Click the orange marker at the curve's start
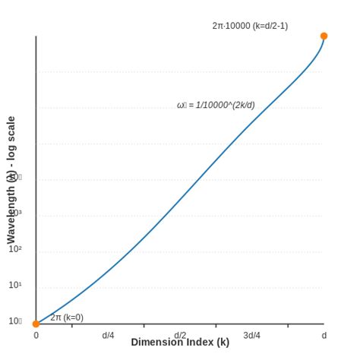(36, 324)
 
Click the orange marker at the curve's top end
(324, 36)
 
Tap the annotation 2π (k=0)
(67, 317)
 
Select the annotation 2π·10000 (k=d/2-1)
(250, 26)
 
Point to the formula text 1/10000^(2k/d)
(225, 106)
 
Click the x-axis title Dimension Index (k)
(180, 343)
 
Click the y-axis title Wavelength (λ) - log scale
(11, 180)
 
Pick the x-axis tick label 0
(36, 336)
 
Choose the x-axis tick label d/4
(108, 336)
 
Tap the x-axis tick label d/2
(180, 335)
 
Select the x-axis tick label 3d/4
(251, 336)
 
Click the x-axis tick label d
(324, 336)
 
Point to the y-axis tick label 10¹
(15, 286)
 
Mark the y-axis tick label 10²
(15, 249)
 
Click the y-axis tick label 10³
(15, 213)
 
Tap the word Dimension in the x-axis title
(156, 343)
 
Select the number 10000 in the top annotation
(237, 26)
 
